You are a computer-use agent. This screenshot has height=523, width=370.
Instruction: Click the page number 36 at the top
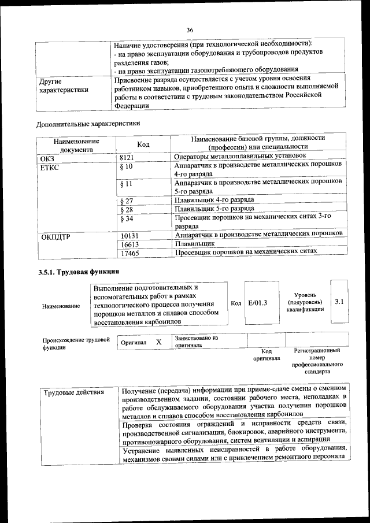[x=190, y=30]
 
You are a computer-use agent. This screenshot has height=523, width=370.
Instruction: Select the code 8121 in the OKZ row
[x=127, y=156]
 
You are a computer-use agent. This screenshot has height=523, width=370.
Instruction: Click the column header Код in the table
[x=143, y=144]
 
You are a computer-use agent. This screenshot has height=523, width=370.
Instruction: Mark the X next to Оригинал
[x=158, y=342]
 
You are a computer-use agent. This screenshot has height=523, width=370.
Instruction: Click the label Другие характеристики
[x=63, y=86]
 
